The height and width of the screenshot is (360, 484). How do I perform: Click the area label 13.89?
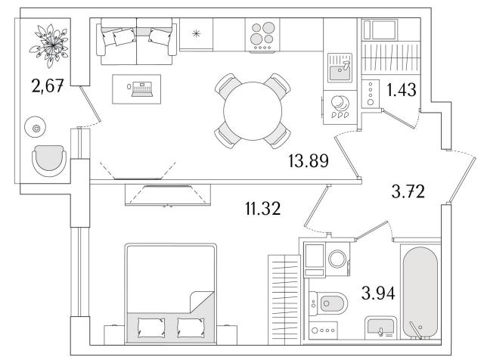tap(309, 161)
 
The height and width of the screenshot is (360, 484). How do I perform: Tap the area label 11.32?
tap(263, 208)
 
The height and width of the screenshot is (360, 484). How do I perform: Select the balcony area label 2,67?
tap(48, 85)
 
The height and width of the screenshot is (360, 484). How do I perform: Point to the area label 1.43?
tap(402, 90)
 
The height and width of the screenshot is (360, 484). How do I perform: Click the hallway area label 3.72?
tap(408, 191)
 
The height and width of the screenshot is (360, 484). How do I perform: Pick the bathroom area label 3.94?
tap(378, 293)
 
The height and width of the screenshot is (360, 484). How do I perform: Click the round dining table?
tap(253, 111)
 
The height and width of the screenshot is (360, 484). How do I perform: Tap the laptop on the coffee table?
tap(141, 89)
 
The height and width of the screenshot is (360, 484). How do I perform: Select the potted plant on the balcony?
tap(48, 45)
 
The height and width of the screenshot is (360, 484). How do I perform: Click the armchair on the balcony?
tap(49, 160)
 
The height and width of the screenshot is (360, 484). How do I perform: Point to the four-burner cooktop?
tap(262, 34)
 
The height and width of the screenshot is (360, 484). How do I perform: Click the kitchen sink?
tap(340, 67)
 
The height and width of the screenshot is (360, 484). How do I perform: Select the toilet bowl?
tap(327, 303)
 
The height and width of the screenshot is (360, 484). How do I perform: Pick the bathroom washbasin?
tap(380, 328)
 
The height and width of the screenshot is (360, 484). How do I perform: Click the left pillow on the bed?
tap(151, 327)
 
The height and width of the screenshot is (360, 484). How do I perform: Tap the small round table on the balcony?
tap(36, 127)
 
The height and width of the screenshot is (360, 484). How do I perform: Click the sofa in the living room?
tap(136, 42)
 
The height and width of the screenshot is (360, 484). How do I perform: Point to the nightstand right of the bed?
tap(227, 335)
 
